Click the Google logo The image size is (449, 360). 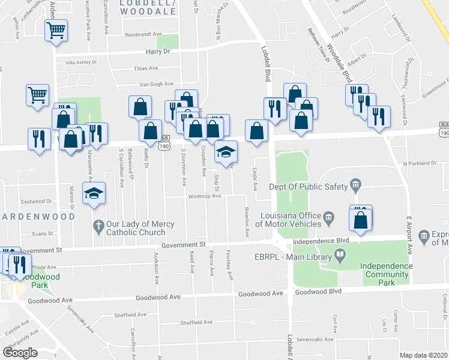click(20, 353)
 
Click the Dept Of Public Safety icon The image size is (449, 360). click(355, 183)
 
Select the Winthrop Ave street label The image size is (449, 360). click(205, 196)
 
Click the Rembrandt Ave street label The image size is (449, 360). click(145, 35)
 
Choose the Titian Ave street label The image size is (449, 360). click(146, 68)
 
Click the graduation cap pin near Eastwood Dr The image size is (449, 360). click(94, 194)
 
